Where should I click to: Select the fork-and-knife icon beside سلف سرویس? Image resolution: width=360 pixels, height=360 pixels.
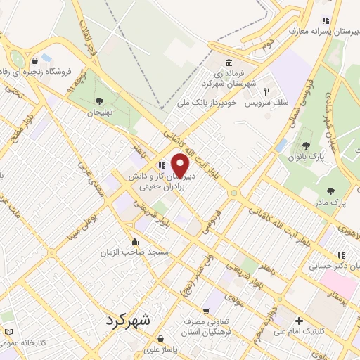tap(266, 91)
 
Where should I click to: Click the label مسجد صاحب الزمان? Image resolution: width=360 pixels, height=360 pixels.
tap(135, 250)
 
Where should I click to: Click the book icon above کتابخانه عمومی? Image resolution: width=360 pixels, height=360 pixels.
tap(8, 332)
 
